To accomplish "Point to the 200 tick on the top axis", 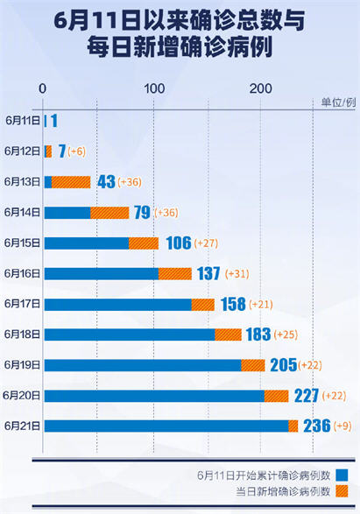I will click(x=260, y=88).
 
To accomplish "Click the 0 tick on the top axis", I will click(x=44, y=88).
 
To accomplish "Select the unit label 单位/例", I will click(x=338, y=102).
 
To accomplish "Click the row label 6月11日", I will click(x=22, y=121).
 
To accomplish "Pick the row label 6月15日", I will click(x=22, y=243).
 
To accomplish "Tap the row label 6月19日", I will click(x=22, y=364).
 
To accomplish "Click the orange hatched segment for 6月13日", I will click(x=71, y=182).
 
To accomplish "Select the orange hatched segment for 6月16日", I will click(x=175, y=273).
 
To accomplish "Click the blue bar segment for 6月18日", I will click(x=129, y=334).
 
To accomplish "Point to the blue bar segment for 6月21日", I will click(x=165, y=426).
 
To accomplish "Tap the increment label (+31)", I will click(x=238, y=274).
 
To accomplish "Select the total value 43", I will click(x=107, y=182).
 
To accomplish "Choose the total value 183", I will click(x=258, y=334).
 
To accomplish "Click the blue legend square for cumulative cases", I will click(x=342, y=475).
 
